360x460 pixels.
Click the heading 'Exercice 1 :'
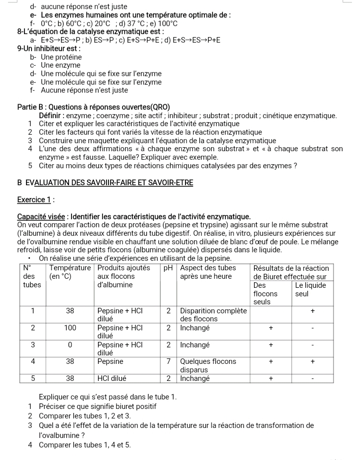(x=35, y=200)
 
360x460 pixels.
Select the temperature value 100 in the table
(x=70, y=328)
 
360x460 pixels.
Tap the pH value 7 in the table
(x=168, y=361)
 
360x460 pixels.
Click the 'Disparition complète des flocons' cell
(x=213, y=315)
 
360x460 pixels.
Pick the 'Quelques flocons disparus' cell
(x=208, y=365)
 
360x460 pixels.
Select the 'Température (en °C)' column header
(x=70, y=272)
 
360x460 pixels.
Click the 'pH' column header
(x=169, y=268)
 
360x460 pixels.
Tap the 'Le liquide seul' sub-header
(x=310, y=289)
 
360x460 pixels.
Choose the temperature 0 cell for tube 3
(x=70, y=345)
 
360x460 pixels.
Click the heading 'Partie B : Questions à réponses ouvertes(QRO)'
(x=93, y=107)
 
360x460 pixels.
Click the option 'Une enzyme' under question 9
(x=60, y=66)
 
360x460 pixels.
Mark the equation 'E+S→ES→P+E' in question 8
(x=196, y=40)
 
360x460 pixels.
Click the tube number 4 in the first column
(x=33, y=361)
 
